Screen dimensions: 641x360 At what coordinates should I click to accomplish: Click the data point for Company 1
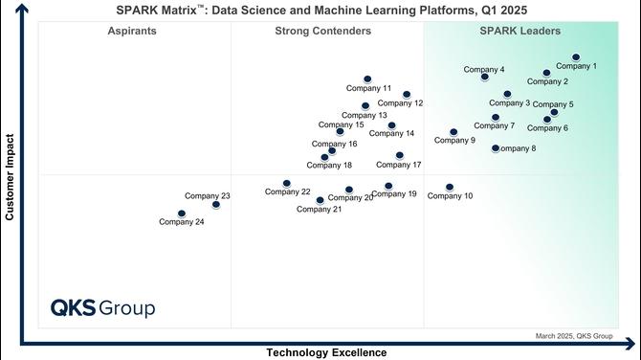[x=576, y=57]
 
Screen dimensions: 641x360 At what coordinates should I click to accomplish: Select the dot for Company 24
[x=182, y=214]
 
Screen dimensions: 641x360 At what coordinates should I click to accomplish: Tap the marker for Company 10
[x=450, y=187]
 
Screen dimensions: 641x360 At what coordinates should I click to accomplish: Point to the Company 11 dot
[x=367, y=79]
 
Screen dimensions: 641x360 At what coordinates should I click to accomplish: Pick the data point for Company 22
[x=287, y=183]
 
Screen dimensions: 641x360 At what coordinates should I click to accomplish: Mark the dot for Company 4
[x=484, y=77]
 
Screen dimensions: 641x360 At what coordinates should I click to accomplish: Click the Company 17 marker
[x=399, y=155]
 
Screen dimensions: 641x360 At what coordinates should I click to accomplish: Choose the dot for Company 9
[x=453, y=132]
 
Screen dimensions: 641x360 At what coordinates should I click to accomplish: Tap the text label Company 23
[x=208, y=196]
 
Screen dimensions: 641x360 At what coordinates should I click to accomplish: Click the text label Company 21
[x=319, y=209]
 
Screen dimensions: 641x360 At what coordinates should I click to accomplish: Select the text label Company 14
[x=391, y=133]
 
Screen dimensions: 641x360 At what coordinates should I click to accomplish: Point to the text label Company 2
[x=547, y=81]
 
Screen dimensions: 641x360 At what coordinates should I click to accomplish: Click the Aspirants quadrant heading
[x=132, y=31]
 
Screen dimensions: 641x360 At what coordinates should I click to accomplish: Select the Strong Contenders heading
[x=323, y=31]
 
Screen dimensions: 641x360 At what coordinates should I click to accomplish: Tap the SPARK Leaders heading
[x=520, y=31]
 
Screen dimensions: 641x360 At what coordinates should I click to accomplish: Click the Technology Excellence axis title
[x=326, y=352]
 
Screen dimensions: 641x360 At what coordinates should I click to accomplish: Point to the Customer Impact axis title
[x=10, y=177]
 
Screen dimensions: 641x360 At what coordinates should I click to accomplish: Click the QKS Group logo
[x=103, y=308]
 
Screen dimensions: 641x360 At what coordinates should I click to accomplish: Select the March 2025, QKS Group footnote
[x=574, y=336]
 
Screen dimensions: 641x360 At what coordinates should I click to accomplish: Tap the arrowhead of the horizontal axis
[x=630, y=344]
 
